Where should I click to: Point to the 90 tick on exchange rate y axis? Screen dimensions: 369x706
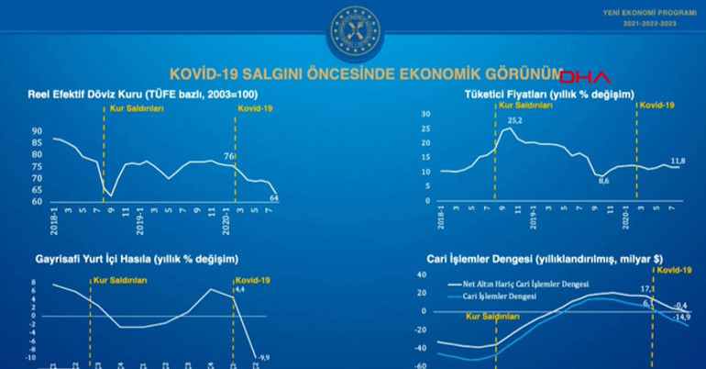click(x=36, y=132)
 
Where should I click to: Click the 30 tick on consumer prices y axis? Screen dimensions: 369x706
click(x=425, y=113)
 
